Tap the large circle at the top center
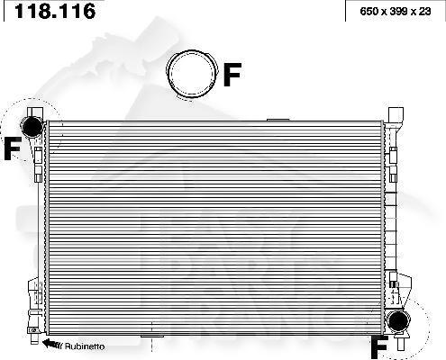pyautogui.click(x=192, y=72)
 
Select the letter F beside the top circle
pyautogui.click(x=232, y=75)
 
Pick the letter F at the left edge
pyautogui.click(x=11, y=149)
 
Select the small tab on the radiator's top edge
pyautogui.click(x=278, y=118)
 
